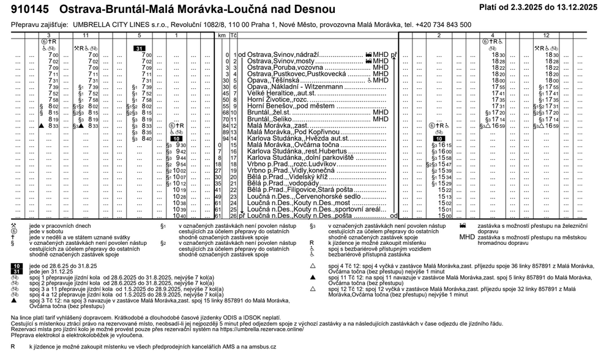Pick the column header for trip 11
coord(85,36)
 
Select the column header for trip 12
coord(546,36)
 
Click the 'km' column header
coord(223,36)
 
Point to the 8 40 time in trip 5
coord(146,138)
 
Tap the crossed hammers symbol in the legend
coord(14,225)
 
